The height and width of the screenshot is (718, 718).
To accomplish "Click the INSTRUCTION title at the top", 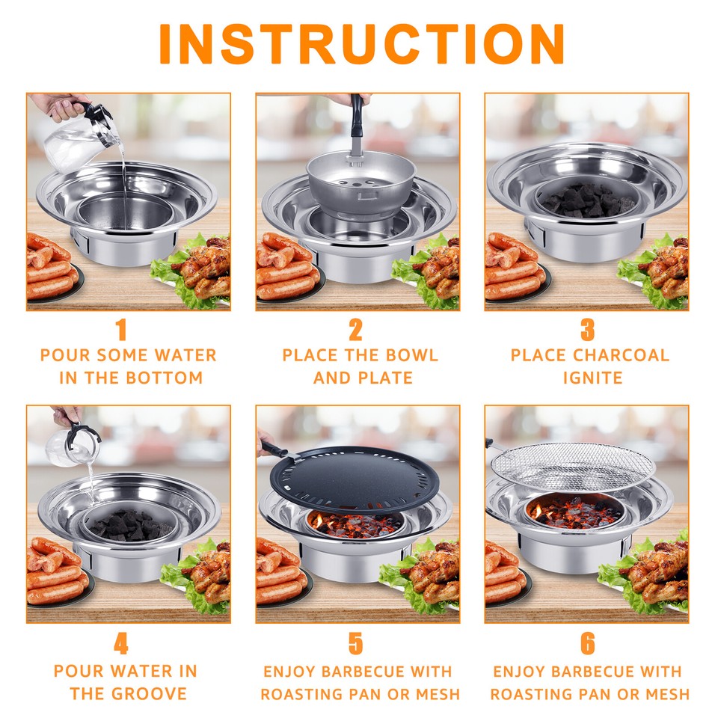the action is [361, 44].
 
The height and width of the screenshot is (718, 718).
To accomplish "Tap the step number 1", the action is [121, 330].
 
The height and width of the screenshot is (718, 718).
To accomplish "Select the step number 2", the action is [355, 330].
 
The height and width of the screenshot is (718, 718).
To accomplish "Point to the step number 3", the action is [588, 330].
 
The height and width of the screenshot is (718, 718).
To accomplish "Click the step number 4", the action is [121, 643].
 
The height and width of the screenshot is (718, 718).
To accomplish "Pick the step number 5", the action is [355, 643].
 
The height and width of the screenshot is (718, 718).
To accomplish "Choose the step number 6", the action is [588, 643].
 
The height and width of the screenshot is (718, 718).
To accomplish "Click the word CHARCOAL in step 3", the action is [622, 355].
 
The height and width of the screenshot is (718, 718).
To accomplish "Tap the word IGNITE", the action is [592, 378].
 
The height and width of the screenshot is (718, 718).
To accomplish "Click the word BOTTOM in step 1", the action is [164, 378].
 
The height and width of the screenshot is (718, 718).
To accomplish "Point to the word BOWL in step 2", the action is [411, 355].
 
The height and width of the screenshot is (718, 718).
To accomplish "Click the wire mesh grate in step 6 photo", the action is [573, 467].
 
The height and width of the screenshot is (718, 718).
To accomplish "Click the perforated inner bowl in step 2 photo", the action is [361, 183].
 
